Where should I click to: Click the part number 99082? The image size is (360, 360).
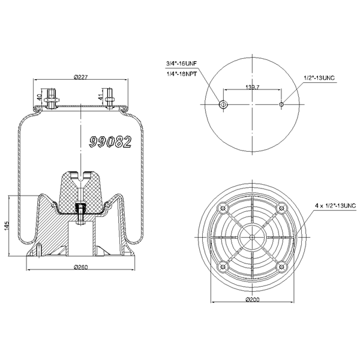point(110,142)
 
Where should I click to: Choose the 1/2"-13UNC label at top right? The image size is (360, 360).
point(321,79)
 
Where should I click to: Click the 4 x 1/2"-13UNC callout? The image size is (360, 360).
point(334,206)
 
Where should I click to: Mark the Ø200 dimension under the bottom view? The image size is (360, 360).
point(252,299)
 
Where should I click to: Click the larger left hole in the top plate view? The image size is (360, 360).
point(223,104)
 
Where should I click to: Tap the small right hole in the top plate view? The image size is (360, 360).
point(281,104)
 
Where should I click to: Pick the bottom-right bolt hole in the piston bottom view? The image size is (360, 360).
point(280,266)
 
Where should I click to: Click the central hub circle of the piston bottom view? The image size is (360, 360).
point(252,237)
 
